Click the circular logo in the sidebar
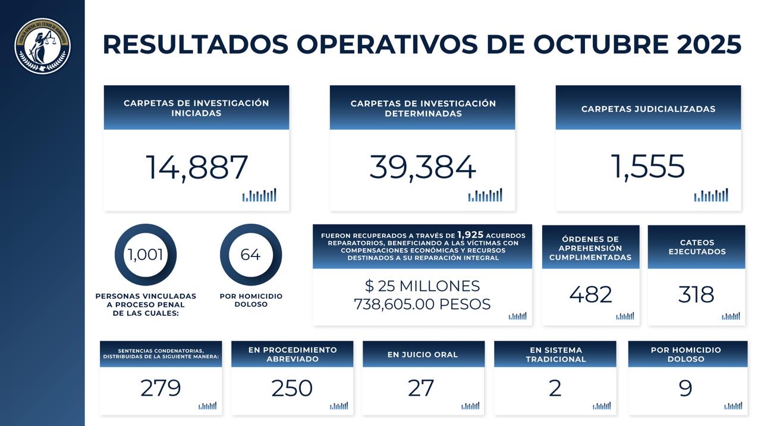click(x=42, y=46)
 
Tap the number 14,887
click(x=197, y=167)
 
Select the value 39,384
click(x=423, y=167)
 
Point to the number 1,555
click(x=648, y=167)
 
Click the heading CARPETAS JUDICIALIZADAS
click(x=648, y=109)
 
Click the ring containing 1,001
click(x=145, y=255)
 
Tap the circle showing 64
click(x=250, y=255)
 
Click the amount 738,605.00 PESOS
click(x=422, y=305)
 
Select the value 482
click(x=590, y=295)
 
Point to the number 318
click(x=696, y=295)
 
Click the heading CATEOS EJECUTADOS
click(x=697, y=247)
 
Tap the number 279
click(x=161, y=388)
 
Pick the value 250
click(x=292, y=388)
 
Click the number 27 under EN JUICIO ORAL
click(x=421, y=388)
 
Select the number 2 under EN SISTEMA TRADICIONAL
click(x=555, y=388)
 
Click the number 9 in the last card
click(x=685, y=388)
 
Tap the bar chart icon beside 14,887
click(x=259, y=195)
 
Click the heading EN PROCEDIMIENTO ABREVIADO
click(x=293, y=354)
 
